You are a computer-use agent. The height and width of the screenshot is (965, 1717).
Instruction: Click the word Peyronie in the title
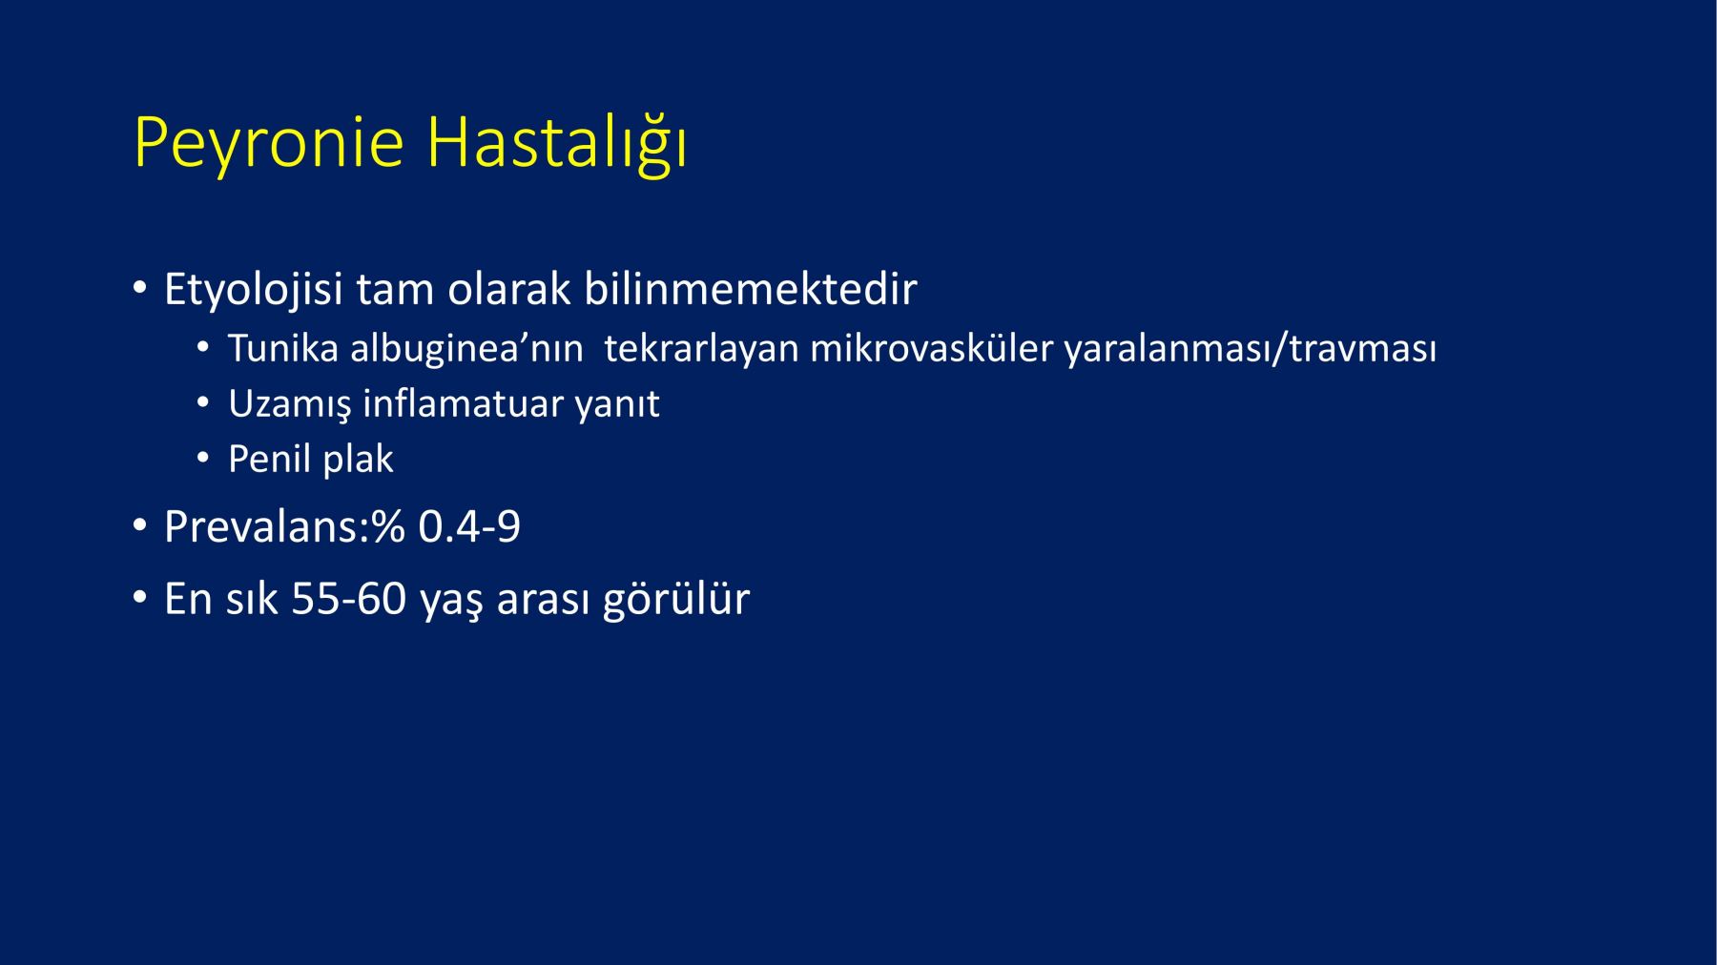(x=270, y=144)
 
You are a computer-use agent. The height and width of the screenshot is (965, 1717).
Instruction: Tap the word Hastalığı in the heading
(x=557, y=144)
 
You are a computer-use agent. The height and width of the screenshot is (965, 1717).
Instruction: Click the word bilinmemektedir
(x=751, y=288)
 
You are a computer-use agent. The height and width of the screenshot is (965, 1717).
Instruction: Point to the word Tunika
(x=283, y=349)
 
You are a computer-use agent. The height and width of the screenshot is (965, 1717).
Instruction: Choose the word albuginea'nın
(x=466, y=349)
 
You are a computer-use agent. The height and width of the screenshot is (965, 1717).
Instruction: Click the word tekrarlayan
(x=701, y=350)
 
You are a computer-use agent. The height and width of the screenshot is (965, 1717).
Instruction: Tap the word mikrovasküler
(x=932, y=349)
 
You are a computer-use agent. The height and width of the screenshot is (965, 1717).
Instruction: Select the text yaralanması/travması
(x=1251, y=350)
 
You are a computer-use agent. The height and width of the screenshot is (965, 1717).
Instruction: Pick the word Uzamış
(x=290, y=404)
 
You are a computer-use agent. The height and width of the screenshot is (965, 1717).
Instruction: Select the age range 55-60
(x=349, y=600)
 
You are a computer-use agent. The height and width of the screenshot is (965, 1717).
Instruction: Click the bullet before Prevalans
(x=141, y=525)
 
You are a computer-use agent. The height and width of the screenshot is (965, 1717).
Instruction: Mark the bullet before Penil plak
(x=202, y=459)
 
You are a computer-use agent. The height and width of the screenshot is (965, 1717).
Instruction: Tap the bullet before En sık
(x=141, y=598)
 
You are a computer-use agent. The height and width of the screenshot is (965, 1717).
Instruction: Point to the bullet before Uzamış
(x=202, y=403)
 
